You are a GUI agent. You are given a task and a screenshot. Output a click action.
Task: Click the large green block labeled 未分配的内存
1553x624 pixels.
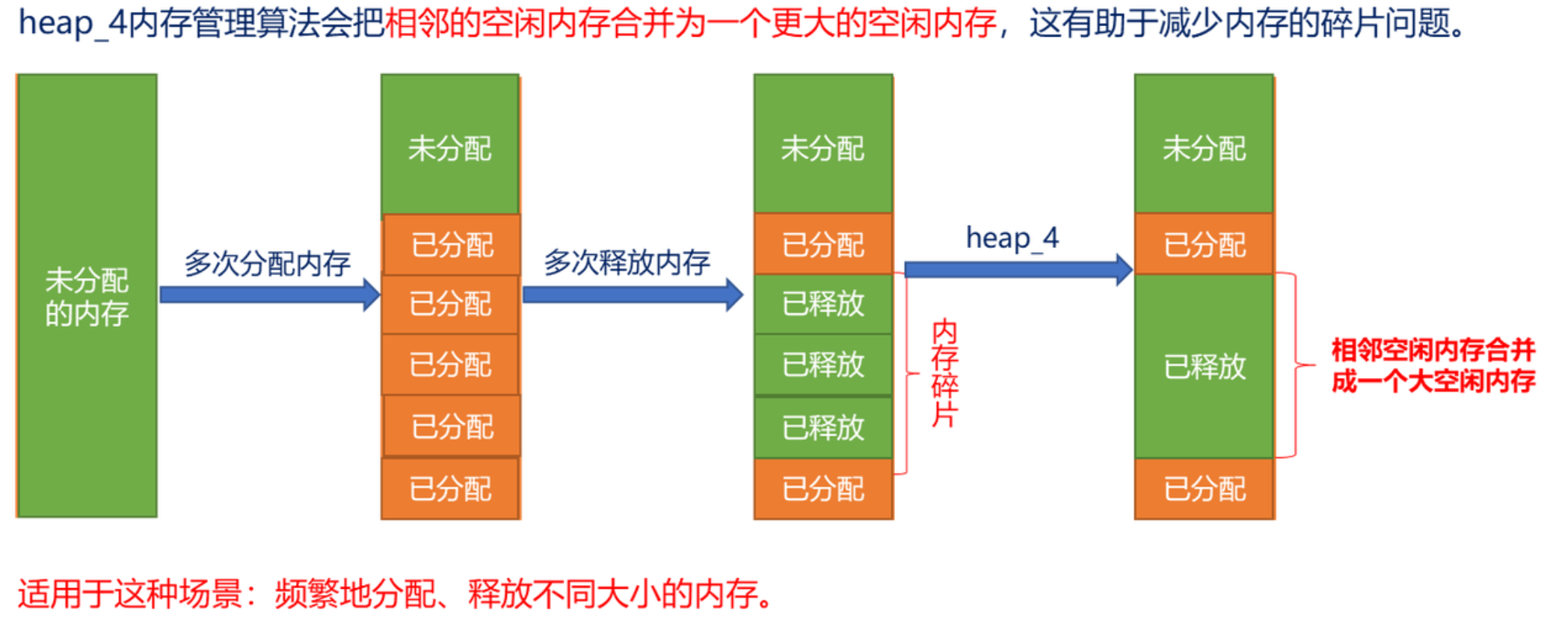pyautogui.click(x=87, y=295)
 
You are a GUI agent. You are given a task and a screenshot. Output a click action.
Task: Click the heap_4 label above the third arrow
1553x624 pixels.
pyautogui.click(x=1012, y=238)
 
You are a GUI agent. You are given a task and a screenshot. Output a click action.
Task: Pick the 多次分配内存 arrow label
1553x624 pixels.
pyautogui.click(x=267, y=263)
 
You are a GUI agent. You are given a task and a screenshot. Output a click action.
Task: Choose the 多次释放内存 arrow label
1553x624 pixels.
pyautogui.click(x=627, y=262)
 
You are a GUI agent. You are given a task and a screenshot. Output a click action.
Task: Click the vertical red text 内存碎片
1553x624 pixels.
pyautogui.click(x=944, y=373)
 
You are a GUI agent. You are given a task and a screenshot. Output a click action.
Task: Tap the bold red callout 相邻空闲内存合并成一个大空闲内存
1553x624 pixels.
pyautogui.click(x=1433, y=365)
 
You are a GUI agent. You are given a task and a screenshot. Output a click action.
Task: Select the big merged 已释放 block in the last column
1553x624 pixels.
pyautogui.click(x=1204, y=366)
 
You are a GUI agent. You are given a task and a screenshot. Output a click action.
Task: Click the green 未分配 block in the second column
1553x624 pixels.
pyautogui.click(x=449, y=146)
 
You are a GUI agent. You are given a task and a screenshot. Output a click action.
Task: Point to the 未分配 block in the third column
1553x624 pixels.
pyautogui.click(x=822, y=146)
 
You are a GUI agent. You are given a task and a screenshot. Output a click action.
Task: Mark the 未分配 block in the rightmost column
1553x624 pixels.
pyautogui.click(x=1204, y=146)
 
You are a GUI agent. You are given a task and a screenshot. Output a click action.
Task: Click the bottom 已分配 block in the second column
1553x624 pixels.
pyautogui.click(x=449, y=489)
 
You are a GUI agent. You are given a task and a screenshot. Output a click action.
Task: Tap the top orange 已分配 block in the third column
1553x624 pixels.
pyautogui.click(x=822, y=244)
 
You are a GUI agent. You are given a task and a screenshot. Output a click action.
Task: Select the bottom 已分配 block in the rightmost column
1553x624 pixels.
pyautogui.click(x=1204, y=489)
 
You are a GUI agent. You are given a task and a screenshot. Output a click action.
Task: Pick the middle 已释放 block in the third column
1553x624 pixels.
pyautogui.click(x=822, y=365)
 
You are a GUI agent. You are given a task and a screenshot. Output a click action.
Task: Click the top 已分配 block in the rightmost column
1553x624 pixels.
pyautogui.click(x=1204, y=244)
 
